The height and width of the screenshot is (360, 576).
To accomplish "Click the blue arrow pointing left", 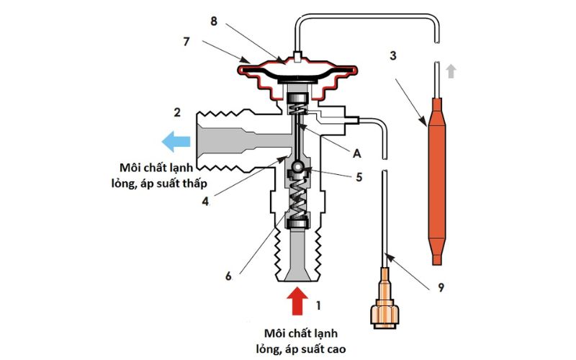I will (176, 141).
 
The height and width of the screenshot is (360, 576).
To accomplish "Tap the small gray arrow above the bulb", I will (451, 71).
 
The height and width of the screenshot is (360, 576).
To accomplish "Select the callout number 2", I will (176, 112).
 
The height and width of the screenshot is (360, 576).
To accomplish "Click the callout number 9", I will (440, 289).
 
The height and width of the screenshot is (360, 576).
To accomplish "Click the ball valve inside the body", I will (297, 169).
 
